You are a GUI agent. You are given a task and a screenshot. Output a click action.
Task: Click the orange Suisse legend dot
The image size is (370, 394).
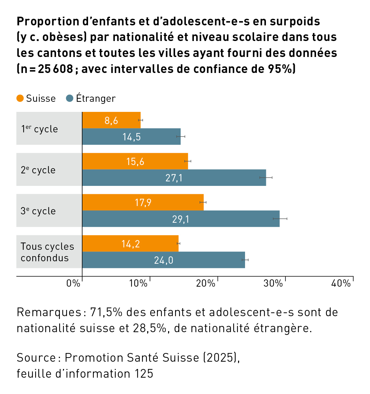(x=20, y=98)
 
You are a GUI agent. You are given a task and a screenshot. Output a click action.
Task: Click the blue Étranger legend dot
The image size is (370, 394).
(x=70, y=98)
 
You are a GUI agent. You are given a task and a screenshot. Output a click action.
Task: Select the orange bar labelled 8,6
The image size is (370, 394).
(x=111, y=120)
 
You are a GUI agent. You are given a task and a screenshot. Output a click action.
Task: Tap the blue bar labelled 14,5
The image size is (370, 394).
(x=131, y=137)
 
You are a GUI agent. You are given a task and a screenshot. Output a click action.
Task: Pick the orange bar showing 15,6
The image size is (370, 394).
(x=135, y=161)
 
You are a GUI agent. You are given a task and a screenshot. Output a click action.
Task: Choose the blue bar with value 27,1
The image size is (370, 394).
(x=174, y=178)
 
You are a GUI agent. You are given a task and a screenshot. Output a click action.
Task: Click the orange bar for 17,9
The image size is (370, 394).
(x=143, y=202)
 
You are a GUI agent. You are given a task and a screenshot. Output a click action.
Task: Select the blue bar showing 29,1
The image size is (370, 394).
(x=181, y=219)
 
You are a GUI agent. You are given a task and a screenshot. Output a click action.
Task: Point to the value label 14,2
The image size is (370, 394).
(x=131, y=244)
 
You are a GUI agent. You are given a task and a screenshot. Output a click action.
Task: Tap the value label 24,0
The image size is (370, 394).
(x=164, y=260)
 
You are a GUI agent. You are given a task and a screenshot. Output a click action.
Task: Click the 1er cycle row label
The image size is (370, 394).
(x=39, y=129)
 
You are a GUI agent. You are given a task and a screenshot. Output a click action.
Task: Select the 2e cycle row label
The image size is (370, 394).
(x=38, y=170)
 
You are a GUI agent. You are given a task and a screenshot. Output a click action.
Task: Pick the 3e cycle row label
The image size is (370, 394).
(x=38, y=211)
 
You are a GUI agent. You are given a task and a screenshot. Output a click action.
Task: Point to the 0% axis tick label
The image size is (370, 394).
(x=73, y=283)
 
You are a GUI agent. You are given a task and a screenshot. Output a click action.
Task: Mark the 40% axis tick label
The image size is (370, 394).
(x=341, y=283)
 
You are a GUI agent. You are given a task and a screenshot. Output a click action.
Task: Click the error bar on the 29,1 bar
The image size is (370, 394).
(x=280, y=219)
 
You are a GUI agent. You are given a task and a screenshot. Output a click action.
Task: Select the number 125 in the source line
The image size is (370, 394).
(x=143, y=374)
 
